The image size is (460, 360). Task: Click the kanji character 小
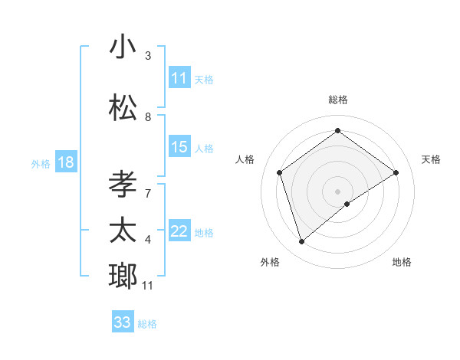click(x=123, y=47)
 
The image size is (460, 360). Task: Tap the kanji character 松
click(x=123, y=106)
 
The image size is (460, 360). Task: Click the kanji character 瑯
click(x=123, y=275)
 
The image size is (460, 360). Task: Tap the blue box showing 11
click(x=179, y=78)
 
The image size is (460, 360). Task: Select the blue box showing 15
click(x=179, y=148)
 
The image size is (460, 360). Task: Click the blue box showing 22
click(x=179, y=232)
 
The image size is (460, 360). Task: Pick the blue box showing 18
click(x=65, y=162)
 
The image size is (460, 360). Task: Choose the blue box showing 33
click(x=123, y=322)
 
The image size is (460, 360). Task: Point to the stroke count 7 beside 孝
click(x=148, y=185)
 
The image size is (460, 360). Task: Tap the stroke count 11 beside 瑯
click(x=148, y=286)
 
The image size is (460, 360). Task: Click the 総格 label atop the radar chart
click(x=338, y=100)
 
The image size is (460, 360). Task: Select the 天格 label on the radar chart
click(x=431, y=159)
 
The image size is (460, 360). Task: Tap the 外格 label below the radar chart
click(x=270, y=262)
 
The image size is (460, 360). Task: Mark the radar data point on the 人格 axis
click(x=280, y=172)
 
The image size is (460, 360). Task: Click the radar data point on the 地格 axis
click(x=347, y=203)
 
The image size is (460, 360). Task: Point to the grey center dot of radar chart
click(x=338, y=190)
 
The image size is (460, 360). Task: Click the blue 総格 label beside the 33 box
click(x=147, y=324)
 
